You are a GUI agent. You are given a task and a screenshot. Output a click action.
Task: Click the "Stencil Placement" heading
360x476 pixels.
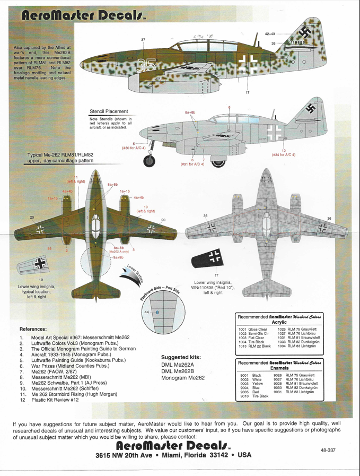[x=109, y=111]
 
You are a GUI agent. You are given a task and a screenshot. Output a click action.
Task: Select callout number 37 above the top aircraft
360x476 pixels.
[x=143, y=40]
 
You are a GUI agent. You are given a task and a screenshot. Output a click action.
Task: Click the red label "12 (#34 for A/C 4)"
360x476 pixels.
[x=284, y=152]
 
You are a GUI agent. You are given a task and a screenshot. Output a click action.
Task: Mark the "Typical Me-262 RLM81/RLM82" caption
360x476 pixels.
[x=64, y=155]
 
